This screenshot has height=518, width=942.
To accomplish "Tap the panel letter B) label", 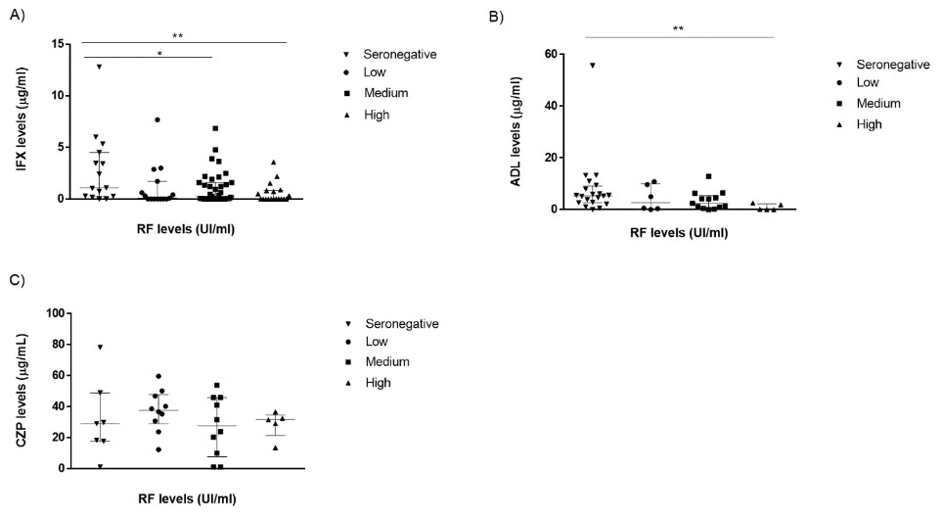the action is [x=497, y=17].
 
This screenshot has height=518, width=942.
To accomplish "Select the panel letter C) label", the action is [x=18, y=280].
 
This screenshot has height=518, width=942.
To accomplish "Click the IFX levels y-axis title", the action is [x=22, y=118].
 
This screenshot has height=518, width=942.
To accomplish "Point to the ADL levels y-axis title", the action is [x=516, y=131].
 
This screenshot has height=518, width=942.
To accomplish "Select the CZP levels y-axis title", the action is [x=22, y=391].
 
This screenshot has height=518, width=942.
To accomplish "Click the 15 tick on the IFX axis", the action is [x=59, y=44].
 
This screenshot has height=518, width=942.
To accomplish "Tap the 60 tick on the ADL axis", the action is [x=551, y=54].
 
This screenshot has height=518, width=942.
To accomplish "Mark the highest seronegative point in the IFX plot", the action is [x=99, y=67].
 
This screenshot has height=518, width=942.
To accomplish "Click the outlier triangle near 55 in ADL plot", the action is [x=593, y=65].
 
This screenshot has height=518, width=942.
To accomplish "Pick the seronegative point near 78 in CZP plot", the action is [x=101, y=348].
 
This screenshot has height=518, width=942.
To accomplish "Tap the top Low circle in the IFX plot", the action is [x=157, y=119].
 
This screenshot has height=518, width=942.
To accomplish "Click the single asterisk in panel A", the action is [x=159, y=54].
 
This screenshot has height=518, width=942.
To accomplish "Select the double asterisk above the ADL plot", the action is [x=678, y=28].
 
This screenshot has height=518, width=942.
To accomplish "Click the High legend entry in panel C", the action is [x=368, y=383].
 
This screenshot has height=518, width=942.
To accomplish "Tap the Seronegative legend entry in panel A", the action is [x=390, y=54].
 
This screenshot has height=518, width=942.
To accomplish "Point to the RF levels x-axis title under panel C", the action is [x=188, y=498].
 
